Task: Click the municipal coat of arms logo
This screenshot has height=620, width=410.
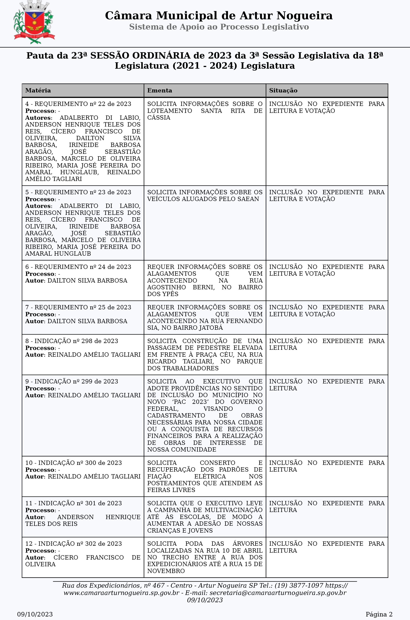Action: click(34, 22)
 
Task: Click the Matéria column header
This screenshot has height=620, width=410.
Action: click(38, 91)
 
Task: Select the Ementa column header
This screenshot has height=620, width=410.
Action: click(160, 91)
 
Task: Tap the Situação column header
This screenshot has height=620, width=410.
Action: click(283, 91)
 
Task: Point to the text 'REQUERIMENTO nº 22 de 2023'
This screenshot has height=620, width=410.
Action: click(83, 104)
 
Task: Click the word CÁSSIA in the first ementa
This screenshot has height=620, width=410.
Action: click(158, 118)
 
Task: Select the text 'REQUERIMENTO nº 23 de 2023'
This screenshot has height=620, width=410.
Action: click(83, 192)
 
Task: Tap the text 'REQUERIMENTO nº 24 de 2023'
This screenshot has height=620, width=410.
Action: click(83, 267)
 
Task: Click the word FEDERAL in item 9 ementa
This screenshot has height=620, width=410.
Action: click(163, 409)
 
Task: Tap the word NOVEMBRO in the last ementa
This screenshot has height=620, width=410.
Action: click(166, 571)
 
